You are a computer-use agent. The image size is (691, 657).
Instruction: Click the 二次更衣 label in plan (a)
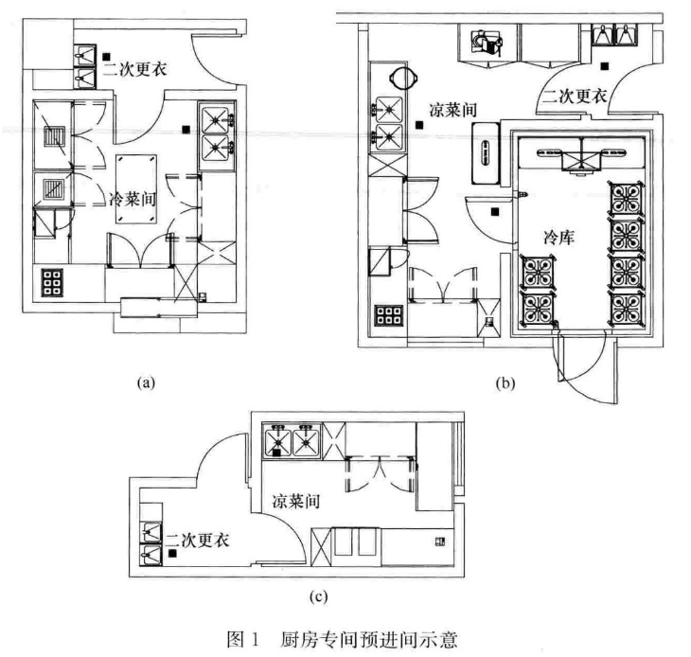click(140, 67)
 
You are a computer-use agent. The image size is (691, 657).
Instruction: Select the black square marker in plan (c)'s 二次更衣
click(176, 556)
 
